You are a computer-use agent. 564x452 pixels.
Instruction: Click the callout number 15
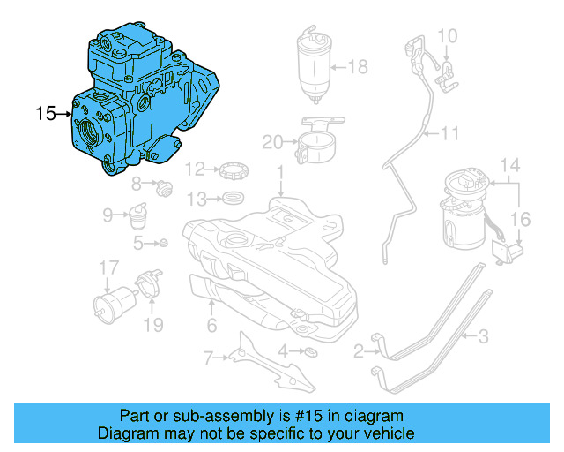pos(45,113)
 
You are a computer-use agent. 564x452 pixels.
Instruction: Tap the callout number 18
pos(357,66)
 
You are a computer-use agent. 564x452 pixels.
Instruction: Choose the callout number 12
pos(195,168)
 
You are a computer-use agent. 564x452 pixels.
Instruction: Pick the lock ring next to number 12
pos(232,168)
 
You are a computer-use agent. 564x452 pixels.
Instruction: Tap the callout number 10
pos(448,36)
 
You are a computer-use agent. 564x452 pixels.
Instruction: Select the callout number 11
pos(450,134)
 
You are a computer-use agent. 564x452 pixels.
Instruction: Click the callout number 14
pos(511,165)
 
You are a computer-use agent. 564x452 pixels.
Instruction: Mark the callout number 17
pos(108,267)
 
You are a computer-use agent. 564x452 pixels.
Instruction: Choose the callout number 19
pos(153,326)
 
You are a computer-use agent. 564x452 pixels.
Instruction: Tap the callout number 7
pos(208,358)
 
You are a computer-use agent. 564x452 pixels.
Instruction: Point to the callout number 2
pos(359,352)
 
